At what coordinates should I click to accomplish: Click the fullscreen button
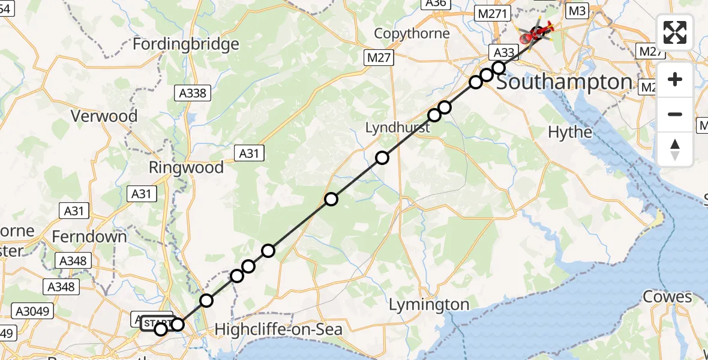pos(675,32)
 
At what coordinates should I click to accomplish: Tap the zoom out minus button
pos(675,114)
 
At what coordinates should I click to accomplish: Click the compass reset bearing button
pos(675,149)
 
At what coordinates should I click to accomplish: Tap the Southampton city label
pos(564,82)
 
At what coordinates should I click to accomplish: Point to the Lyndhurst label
pos(398,128)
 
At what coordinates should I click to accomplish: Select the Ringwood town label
pos(186,167)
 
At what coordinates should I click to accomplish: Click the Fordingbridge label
pos(186,44)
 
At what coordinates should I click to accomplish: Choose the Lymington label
pos(429,305)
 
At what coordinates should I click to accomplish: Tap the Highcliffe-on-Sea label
pos(278,329)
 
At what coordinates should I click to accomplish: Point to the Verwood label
pos(104,116)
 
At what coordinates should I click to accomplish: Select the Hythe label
pos(570,132)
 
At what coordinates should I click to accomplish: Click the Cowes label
pos(667,297)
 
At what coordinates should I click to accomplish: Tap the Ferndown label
pos(89,236)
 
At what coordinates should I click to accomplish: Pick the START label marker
pos(156,323)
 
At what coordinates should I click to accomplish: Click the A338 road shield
pos(193,93)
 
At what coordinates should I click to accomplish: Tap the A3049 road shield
pos(35,311)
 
